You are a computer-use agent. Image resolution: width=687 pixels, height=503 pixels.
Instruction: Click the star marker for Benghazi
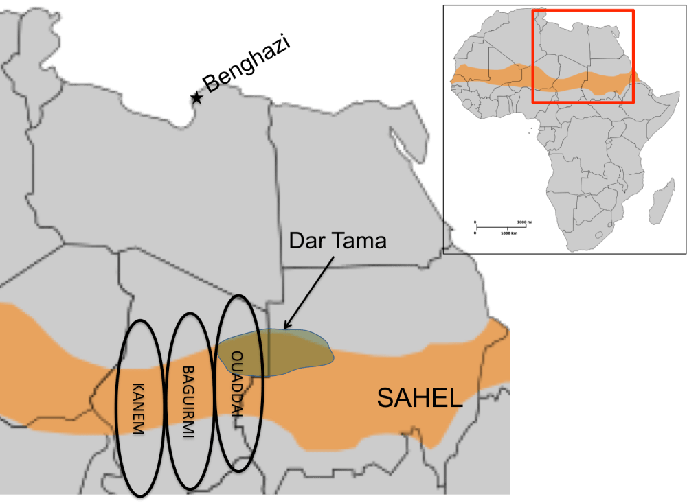coord(197,98)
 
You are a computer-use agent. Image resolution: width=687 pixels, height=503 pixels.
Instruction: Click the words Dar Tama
coord(338,241)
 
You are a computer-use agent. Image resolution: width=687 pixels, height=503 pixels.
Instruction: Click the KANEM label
coord(139,408)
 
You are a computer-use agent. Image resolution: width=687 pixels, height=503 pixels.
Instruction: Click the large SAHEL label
coord(420,398)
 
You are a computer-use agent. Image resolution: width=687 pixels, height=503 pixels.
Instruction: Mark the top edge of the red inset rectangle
coord(583,10)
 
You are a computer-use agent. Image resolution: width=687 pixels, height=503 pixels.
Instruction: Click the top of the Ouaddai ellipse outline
coord(238,296)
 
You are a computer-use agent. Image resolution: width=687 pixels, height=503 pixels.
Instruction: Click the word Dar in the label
coord(306,241)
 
